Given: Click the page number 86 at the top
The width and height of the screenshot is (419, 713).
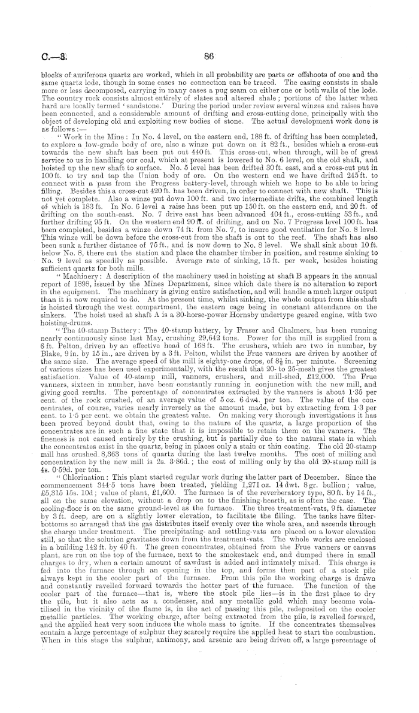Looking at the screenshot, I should pos(209,58).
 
